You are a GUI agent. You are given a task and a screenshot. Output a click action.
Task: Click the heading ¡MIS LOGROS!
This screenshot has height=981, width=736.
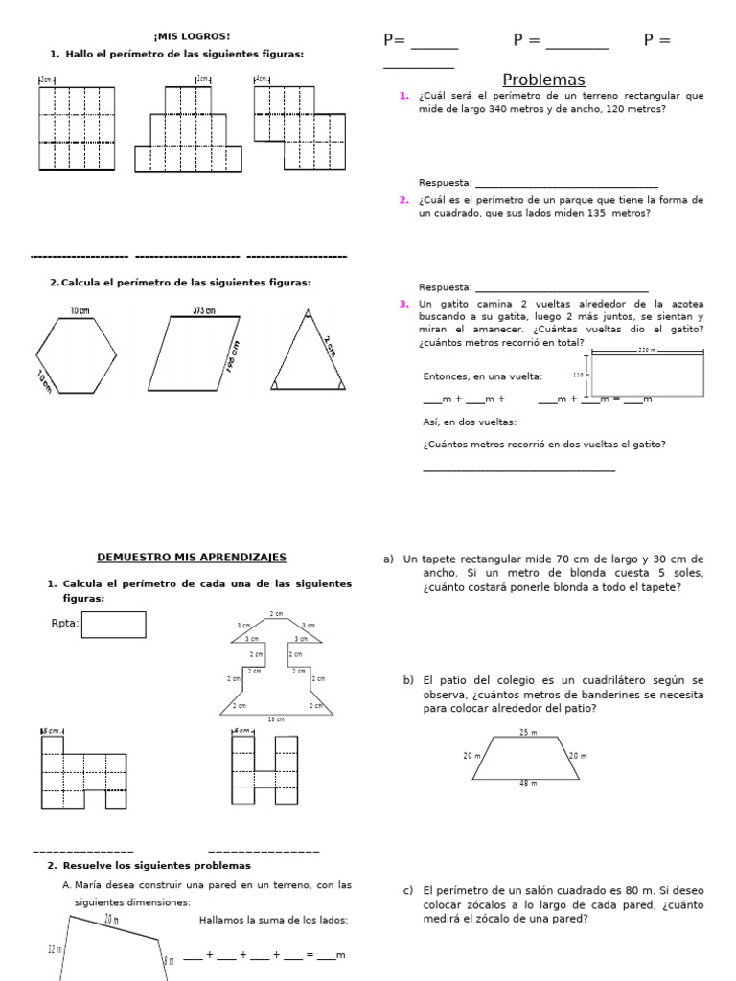click(x=192, y=36)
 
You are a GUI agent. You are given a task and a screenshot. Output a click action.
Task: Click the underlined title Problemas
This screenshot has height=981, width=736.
click(x=543, y=80)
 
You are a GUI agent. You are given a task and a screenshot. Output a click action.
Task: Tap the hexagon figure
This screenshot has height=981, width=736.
click(x=77, y=355)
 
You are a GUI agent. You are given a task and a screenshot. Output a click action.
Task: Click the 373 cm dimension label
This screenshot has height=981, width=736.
click(x=203, y=310)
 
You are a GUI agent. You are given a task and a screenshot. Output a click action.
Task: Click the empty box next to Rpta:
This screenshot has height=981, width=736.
click(x=113, y=625)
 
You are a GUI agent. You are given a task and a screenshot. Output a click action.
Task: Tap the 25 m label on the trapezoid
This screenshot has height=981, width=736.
click(x=528, y=732)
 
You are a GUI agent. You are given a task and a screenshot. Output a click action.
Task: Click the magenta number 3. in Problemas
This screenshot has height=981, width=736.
click(x=404, y=304)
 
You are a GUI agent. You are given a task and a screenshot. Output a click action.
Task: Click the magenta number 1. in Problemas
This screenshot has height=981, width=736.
click(x=404, y=96)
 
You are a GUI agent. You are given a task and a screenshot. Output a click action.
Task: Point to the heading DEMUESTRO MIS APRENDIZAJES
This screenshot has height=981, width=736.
click(x=192, y=558)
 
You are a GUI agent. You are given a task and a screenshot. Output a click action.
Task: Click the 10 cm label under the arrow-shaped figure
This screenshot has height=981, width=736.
click(x=276, y=719)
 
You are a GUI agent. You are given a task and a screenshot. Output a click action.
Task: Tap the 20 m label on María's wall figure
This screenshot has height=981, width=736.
click(x=111, y=920)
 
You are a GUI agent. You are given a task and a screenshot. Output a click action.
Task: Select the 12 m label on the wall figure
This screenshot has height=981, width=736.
click(x=54, y=948)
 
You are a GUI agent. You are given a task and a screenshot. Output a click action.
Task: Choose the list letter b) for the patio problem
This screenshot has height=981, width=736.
click(x=408, y=680)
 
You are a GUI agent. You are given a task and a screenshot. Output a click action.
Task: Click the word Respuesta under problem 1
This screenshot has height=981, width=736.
click(x=445, y=183)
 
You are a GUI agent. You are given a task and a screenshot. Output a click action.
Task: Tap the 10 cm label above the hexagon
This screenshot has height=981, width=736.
click(x=80, y=310)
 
